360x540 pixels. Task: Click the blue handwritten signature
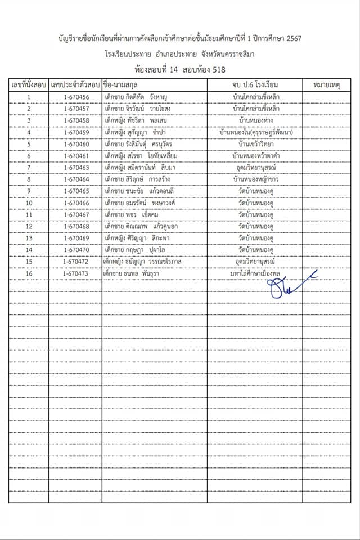290,285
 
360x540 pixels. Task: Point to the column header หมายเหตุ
326,84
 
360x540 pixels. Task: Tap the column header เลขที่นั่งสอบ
29,84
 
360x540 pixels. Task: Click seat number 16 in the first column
29,273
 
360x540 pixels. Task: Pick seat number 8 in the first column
29,179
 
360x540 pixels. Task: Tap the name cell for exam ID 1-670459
135,132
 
